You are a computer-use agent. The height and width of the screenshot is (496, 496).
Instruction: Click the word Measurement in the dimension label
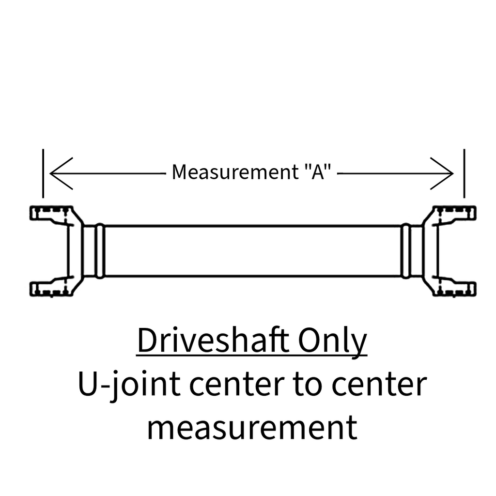coord(235,172)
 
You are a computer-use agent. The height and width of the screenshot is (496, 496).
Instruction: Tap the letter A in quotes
coord(318,172)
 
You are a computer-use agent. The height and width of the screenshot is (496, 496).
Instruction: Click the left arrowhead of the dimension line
coord(62,173)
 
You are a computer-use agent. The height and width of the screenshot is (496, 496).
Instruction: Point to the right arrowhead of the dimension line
coord(442,173)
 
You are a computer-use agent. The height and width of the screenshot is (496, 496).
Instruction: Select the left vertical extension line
coord(43,173)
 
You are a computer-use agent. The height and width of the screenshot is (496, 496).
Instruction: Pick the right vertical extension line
coord(464,173)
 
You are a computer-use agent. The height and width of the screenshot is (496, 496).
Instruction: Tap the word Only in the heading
coord(332,342)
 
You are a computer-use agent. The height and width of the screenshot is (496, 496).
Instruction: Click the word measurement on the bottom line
coord(252,428)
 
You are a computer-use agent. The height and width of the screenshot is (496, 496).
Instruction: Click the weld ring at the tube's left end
coord(100,251)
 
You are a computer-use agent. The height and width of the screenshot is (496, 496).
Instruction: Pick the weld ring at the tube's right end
coord(405,251)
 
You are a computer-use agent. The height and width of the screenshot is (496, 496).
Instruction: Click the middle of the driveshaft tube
coord(252,251)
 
